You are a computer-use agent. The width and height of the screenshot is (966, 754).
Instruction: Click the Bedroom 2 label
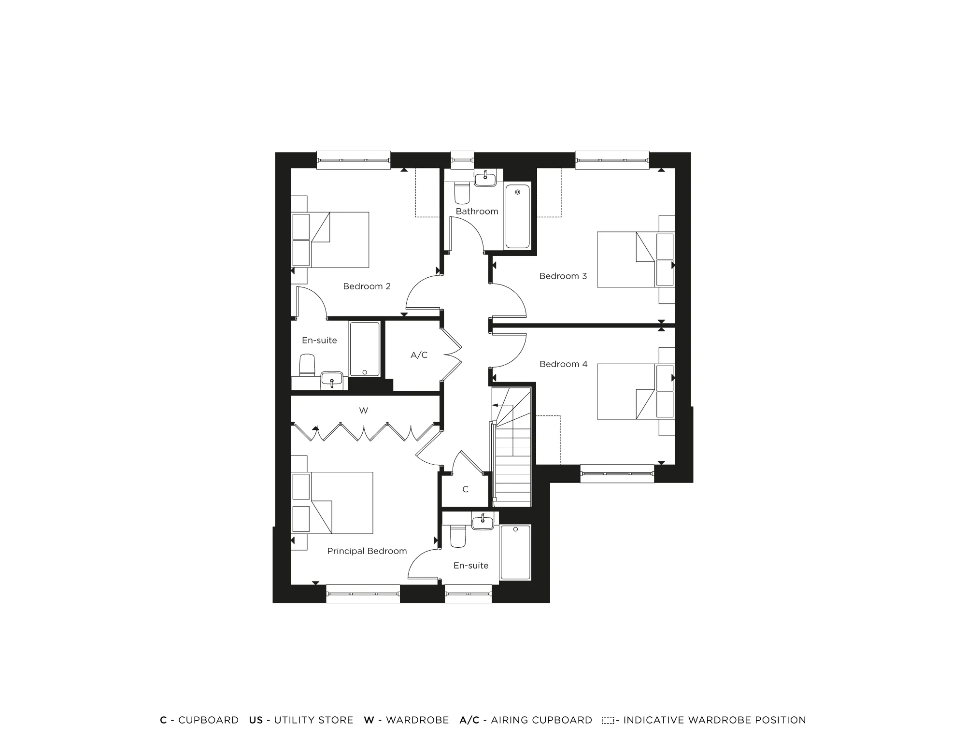click(x=367, y=286)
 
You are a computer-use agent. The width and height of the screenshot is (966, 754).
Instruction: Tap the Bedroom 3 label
click(x=563, y=276)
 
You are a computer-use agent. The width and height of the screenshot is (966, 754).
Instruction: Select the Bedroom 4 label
click(x=563, y=364)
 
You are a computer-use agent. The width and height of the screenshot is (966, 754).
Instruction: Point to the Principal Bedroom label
click(x=367, y=551)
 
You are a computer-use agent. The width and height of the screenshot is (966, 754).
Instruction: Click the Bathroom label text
click(x=477, y=212)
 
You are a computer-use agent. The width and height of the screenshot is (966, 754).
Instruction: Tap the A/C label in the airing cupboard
click(x=419, y=355)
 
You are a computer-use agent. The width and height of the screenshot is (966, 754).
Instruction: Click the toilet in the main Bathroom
click(x=462, y=193)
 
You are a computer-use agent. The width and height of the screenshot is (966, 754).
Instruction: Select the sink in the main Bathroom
click(x=484, y=179)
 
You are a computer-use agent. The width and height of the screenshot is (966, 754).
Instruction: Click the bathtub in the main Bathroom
click(x=517, y=216)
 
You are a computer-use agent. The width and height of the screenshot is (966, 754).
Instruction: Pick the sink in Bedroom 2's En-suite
click(x=332, y=379)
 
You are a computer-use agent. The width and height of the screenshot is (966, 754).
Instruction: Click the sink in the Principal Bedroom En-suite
click(x=483, y=522)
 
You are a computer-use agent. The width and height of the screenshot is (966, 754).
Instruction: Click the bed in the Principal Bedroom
click(x=342, y=503)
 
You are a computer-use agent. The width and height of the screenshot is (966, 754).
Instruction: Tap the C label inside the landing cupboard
click(x=465, y=489)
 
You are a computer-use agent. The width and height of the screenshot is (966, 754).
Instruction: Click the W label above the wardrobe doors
click(x=363, y=411)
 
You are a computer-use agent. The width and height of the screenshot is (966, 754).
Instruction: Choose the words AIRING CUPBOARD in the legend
click(x=541, y=720)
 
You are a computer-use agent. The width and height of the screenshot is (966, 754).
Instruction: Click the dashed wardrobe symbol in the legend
click(x=608, y=721)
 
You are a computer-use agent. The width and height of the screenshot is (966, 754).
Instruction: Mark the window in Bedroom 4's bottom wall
click(x=617, y=473)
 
